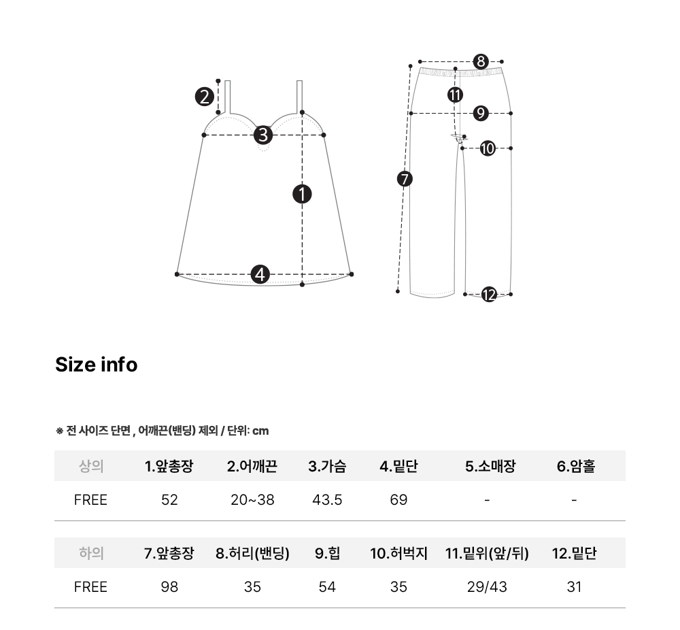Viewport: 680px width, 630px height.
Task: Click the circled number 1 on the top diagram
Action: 303,194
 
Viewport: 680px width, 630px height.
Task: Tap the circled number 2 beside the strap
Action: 204,97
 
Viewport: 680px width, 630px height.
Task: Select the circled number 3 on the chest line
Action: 263,135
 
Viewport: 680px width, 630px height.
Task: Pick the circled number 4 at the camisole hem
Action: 260,274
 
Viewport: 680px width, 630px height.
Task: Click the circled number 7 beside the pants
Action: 405,179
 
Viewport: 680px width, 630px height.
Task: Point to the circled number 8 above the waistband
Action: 481,62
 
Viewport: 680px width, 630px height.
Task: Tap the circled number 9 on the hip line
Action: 481,113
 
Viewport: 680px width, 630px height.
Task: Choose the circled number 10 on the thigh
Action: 488,148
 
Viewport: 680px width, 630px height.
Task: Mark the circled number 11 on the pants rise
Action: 455,95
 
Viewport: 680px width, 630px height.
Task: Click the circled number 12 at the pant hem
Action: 489,295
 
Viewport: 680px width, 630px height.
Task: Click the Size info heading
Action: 97,365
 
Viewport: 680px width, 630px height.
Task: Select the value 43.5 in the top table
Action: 327,500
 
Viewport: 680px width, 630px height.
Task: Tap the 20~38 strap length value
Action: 252,500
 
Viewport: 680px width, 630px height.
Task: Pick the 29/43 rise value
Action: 487,587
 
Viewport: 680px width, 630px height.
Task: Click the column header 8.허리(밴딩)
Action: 252,553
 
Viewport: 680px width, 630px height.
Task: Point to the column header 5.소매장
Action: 490,466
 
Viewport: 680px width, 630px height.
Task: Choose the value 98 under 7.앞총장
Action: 169,587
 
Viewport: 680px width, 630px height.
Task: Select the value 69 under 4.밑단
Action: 398,500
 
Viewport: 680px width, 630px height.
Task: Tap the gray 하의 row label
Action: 91,553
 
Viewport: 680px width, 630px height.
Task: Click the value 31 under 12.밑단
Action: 574,587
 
